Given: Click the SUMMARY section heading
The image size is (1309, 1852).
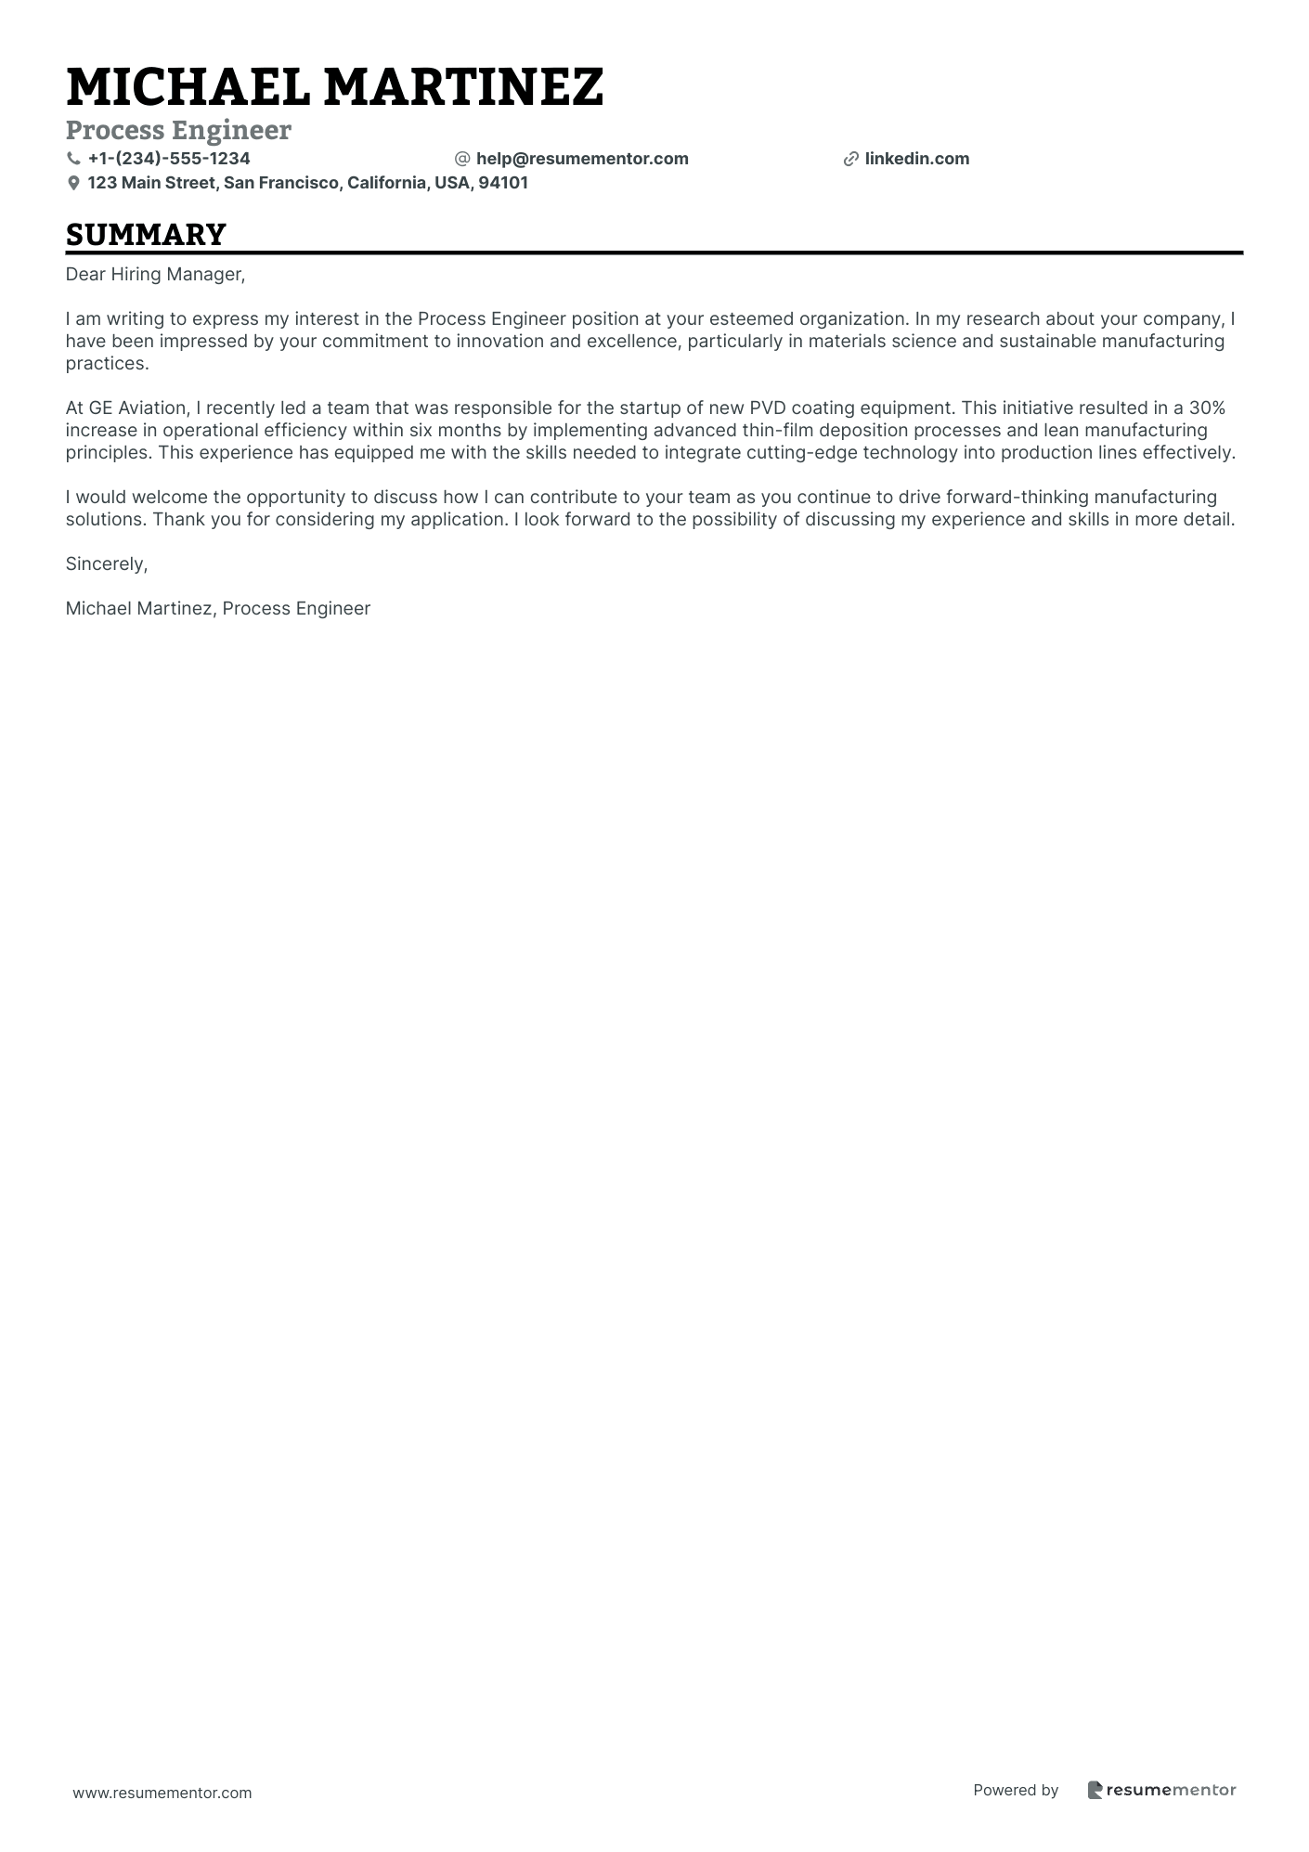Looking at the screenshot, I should pos(146,234).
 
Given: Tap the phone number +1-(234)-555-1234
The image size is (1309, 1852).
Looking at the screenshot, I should pos(169,159).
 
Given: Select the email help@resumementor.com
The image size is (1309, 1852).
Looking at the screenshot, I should pos(582,159).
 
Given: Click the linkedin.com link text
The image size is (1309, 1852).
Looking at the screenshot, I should pos(916,159).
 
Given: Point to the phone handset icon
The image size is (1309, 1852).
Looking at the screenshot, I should pos(74,159).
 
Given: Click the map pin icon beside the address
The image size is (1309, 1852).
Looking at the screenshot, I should pos(74,184).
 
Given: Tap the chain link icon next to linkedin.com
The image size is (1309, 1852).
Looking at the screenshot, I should pos(850,160).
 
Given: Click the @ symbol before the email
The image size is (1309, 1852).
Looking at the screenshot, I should pos(462,159).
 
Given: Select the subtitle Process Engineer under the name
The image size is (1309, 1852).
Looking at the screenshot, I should pos(178,130).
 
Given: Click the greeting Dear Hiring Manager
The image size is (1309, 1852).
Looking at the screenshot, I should pos(155,274).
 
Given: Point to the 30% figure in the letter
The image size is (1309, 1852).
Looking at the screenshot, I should pos(1207,408).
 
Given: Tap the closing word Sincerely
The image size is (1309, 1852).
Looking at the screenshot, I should pos(106,563).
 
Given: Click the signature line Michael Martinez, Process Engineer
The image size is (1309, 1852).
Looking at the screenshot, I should pos(218,608).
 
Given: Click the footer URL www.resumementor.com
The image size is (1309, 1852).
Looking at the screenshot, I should pos(162,1793).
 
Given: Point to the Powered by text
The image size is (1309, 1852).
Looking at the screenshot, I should pos(1016,1790).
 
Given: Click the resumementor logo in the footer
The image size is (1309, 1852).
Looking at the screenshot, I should pos(1161,1790).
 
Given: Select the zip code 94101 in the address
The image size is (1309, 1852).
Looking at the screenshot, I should pos(503,183).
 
